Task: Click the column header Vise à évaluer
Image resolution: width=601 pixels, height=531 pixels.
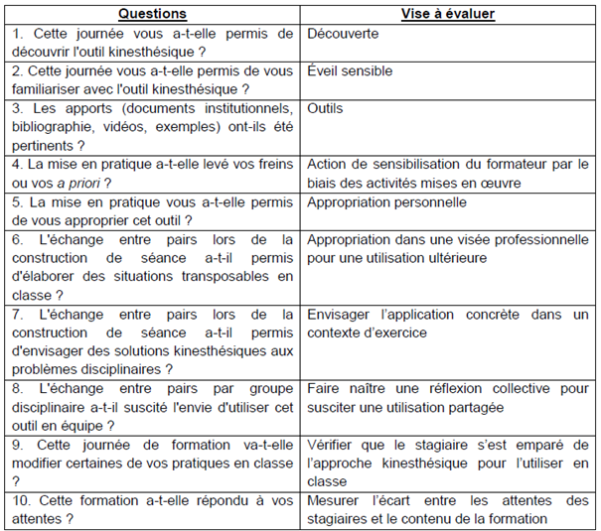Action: (x=448, y=14)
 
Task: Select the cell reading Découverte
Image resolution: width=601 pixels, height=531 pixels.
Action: (x=343, y=34)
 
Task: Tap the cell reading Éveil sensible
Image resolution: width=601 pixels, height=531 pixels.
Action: (x=350, y=71)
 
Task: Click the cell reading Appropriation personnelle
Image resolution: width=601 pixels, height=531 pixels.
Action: (x=387, y=201)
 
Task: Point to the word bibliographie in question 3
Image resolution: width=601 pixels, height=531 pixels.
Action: (x=54, y=126)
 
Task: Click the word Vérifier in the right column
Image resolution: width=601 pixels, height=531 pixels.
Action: (x=333, y=444)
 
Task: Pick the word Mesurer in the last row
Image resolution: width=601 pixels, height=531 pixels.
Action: (x=336, y=499)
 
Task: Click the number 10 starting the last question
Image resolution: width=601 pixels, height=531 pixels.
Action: (x=20, y=499)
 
